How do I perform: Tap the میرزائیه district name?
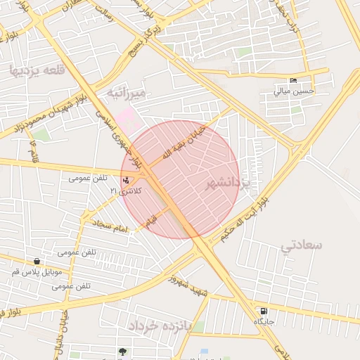click(127, 93)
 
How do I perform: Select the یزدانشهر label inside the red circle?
click(229, 184)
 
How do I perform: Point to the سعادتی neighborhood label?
click(301, 245)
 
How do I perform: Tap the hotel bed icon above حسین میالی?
click(293, 81)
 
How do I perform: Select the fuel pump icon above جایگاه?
click(264, 311)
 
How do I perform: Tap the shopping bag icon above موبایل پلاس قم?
click(37, 261)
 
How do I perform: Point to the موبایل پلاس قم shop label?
click(37, 271)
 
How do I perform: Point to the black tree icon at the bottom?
click(124, 351)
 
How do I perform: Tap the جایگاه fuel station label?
click(264, 321)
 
